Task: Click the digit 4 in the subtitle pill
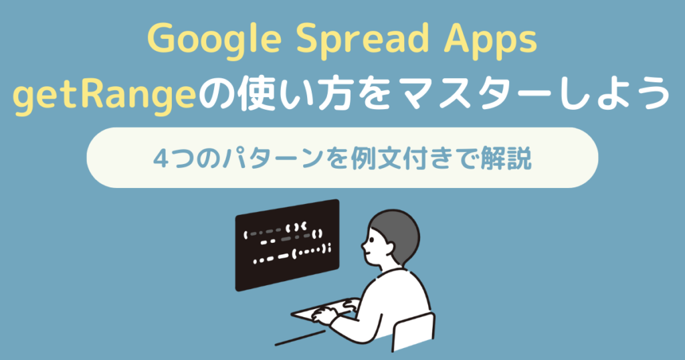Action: point(161,159)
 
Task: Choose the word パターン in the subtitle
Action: point(267,159)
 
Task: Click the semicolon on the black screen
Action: point(330,250)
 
